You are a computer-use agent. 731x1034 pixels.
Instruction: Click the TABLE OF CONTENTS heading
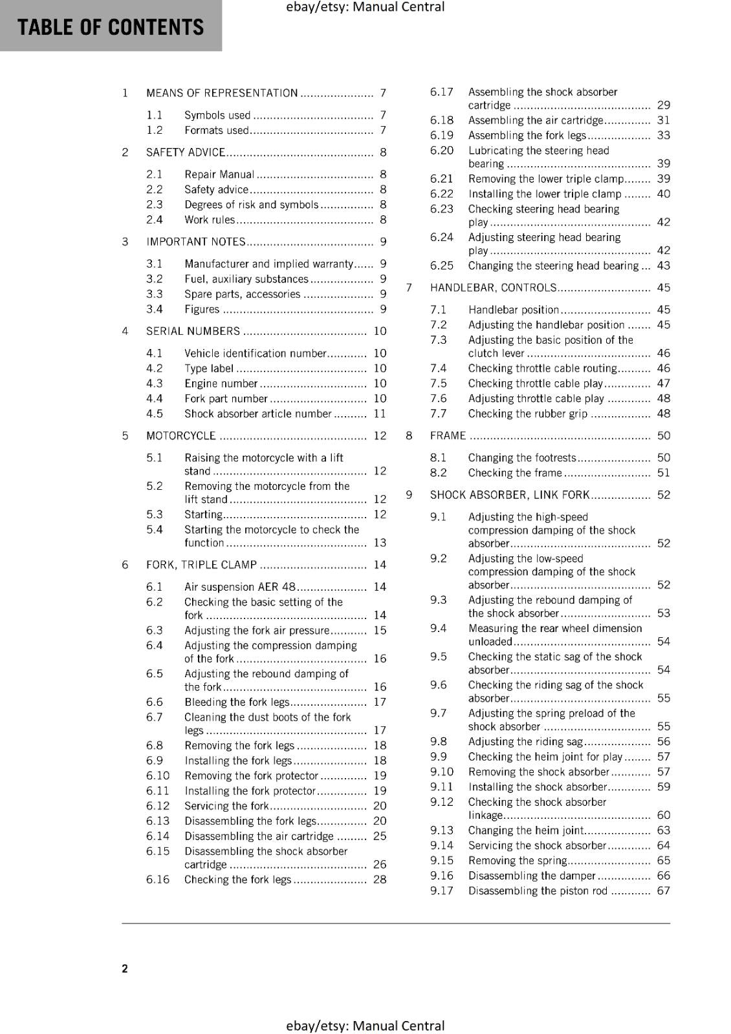pyautogui.click(x=111, y=27)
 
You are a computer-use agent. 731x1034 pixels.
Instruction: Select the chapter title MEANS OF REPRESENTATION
pyautogui.click(x=222, y=93)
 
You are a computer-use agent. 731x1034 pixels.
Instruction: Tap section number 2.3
pyautogui.click(x=154, y=204)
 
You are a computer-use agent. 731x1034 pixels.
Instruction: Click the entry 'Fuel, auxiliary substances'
pyautogui.click(x=246, y=279)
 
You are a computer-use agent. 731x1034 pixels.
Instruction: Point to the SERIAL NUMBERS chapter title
pyautogui.click(x=193, y=331)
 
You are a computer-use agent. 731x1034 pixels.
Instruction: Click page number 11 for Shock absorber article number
pyautogui.click(x=380, y=414)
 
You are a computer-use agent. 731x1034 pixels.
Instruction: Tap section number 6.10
pyautogui.click(x=158, y=775)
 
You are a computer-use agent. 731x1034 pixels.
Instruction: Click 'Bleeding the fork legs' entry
pyautogui.click(x=237, y=702)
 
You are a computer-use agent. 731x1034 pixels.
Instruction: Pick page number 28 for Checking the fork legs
pyautogui.click(x=380, y=880)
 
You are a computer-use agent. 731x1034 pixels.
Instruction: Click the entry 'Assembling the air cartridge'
pyautogui.click(x=536, y=120)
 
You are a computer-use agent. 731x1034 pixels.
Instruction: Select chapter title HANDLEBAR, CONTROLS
pyautogui.click(x=493, y=288)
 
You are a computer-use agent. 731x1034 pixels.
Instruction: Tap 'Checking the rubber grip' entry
pyautogui.click(x=528, y=414)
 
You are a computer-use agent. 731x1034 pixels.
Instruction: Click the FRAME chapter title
pyautogui.click(x=448, y=436)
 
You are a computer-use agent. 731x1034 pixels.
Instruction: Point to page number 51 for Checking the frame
pyautogui.click(x=664, y=473)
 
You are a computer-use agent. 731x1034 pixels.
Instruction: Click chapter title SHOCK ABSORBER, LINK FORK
pyautogui.click(x=510, y=495)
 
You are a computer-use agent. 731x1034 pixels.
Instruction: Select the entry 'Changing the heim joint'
pyautogui.click(x=526, y=830)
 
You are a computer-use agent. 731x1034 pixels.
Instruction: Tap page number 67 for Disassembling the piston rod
pyautogui.click(x=664, y=891)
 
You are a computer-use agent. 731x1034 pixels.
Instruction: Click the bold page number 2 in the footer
pyautogui.click(x=125, y=968)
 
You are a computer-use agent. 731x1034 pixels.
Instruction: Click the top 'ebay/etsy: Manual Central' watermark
pyautogui.click(x=365, y=7)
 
